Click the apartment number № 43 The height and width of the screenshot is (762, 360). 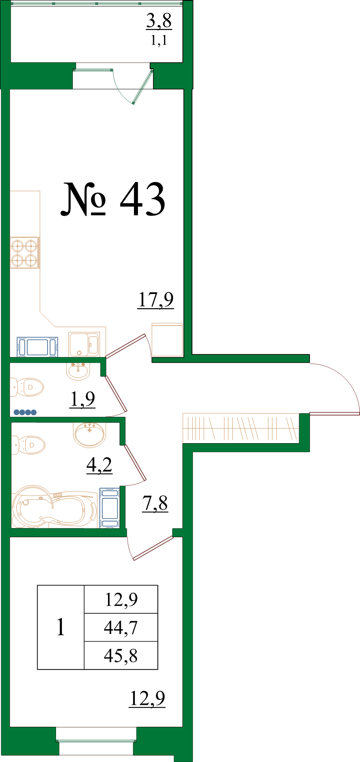click(113, 199)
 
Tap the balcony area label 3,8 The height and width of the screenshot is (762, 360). click(159, 21)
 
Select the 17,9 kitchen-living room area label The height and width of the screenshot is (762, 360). click(156, 300)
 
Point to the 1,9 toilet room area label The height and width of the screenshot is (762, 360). click(82, 399)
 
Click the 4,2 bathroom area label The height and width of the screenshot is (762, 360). click(99, 465)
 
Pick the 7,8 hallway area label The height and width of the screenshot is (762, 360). click(155, 503)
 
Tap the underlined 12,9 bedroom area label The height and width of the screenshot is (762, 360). click(147, 698)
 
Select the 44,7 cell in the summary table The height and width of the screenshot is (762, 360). click(121, 628)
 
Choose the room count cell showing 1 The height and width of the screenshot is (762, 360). click(60, 627)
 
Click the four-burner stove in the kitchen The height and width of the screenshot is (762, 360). click(24, 253)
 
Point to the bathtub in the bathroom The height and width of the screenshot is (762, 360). click(54, 507)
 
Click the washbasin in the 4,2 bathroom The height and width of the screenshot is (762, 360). click(90, 434)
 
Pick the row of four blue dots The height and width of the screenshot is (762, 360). click(25, 412)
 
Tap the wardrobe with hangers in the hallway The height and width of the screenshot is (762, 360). click(241, 428)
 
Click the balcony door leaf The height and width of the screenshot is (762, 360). click(143, 87)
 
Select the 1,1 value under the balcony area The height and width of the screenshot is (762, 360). click(159, 40)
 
